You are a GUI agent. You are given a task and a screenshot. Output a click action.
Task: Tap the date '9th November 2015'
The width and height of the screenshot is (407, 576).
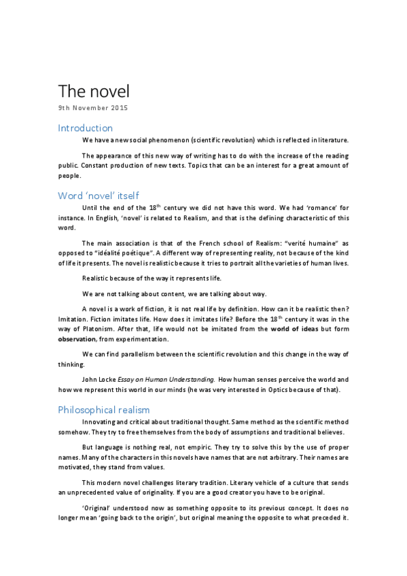(92, 108)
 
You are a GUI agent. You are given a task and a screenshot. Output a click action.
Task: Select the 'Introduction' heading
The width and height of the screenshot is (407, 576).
(85, 128)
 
